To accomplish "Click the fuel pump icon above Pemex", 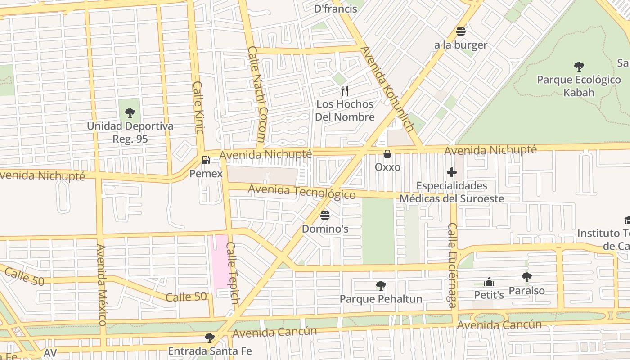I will [206, 160].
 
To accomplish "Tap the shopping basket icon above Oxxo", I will [387, 154].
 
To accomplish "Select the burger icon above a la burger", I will [460, 31].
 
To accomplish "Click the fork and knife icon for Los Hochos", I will [345, 91].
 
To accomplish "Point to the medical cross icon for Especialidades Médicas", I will [452, 172].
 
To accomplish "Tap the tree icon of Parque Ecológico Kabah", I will [579, 67].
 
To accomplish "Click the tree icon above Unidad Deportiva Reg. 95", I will [130, 112].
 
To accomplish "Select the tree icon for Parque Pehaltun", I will [381, 286].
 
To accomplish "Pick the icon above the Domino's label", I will [325, 215].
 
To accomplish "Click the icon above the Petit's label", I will [489, 282].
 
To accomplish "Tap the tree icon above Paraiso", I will [526, 277].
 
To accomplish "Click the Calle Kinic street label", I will [198, 107].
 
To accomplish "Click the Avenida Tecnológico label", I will [301, 192].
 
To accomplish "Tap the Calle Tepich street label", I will [232, 273].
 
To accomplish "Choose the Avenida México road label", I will [101, 284].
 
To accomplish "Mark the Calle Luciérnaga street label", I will [452, 265].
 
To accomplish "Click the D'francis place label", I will [335, 8].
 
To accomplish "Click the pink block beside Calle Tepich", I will [220, 261].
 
